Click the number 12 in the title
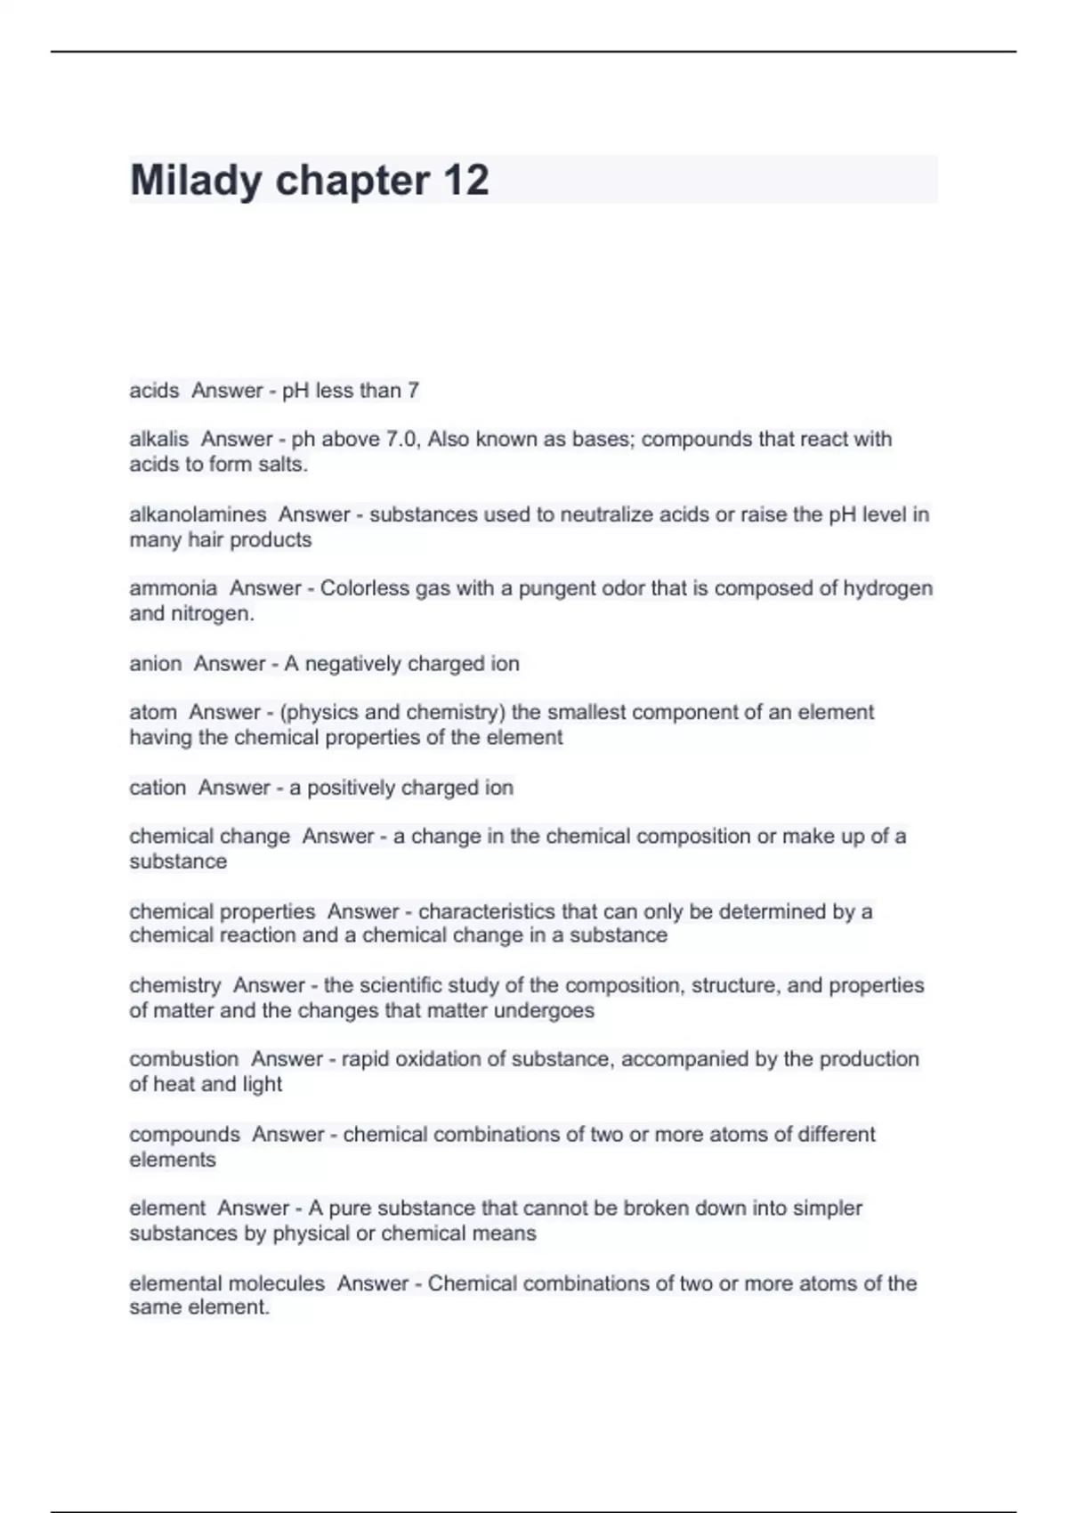pyautogui.click(x=465, y=181)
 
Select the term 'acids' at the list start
pyautogui.click(x=154, y=391)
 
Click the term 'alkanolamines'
pyautogui.click(x=198, y=514)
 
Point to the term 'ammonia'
pyautogui.click(x=173, y=588)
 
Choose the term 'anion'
pyautogui.click(x=156, y=664)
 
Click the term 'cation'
pyautogui.click(x=158, y=788)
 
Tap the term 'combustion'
pyautogui.click(x=183, y=1059)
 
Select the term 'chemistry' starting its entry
pyautogui.click(x=174, y=985)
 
